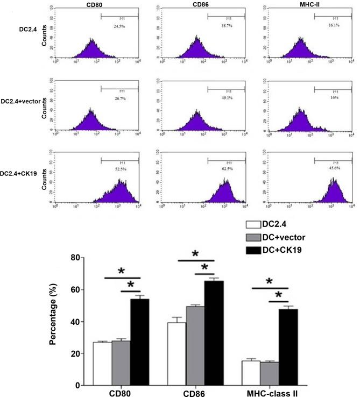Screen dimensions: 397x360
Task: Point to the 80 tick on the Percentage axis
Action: [79, 258]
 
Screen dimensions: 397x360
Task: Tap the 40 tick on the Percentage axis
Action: [79, 322]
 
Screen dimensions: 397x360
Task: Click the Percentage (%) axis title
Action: [61, 322]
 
